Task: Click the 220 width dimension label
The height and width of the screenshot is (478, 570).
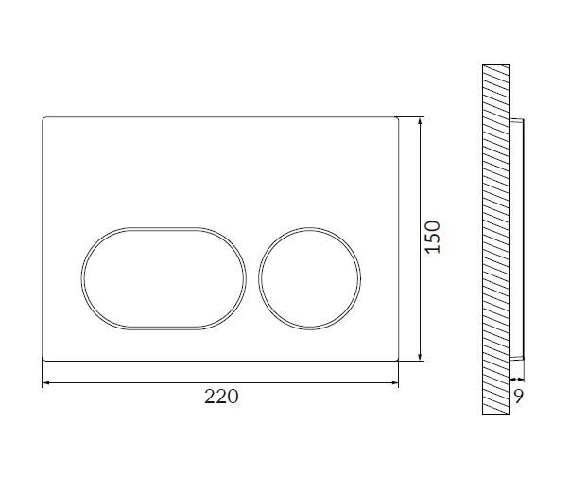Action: click(221, 397)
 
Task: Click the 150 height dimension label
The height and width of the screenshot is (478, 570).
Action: click(433, 237)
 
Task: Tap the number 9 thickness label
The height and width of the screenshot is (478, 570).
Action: click(518, 397)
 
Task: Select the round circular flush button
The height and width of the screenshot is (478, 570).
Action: click(310, 278)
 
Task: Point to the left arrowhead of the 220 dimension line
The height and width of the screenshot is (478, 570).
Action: click(46, 383)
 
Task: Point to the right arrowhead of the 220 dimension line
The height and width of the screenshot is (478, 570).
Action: click(395, 383)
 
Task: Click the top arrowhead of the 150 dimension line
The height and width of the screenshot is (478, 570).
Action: click(420, 121)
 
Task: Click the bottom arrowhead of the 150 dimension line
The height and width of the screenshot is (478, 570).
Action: click(420, 357)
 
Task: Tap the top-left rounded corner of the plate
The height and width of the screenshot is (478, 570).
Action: click(44, 118)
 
